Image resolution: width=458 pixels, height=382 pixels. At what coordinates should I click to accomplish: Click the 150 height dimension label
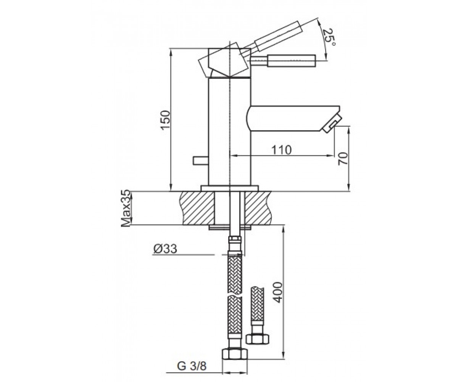point(166,120)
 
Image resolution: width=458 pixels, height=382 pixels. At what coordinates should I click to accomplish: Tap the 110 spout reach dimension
point(282,150)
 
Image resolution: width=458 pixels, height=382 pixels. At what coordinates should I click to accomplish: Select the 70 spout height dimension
point(343,159)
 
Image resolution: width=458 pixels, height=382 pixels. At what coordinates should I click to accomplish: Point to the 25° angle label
point(329,37)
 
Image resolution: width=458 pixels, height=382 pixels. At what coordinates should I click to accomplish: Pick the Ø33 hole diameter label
point(165,249)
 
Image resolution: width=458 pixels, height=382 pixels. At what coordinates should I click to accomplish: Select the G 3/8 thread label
point(192,366)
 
